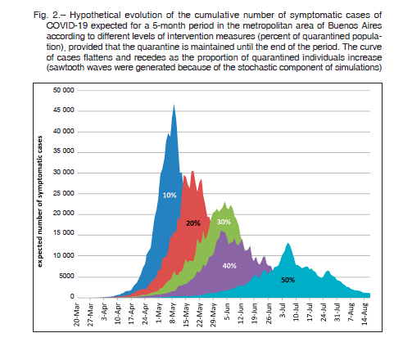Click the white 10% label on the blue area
pos(170,196)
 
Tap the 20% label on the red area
pos(193,223)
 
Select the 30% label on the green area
pos(224,222)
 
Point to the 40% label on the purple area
pos(229,266)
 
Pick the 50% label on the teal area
pos(288,280)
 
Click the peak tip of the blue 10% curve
pos(174,105)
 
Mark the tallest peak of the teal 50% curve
pos(288,243)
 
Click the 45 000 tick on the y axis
pos(64,110)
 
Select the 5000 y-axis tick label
pos(66,277)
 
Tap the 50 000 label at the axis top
pos(64,90)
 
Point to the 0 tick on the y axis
pos(72,296)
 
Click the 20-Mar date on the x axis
pos(77,314)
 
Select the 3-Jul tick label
pos(283,311)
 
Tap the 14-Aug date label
pos(364,313)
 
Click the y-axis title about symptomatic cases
pos(40,201)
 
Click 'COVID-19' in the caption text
pos(66,25)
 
